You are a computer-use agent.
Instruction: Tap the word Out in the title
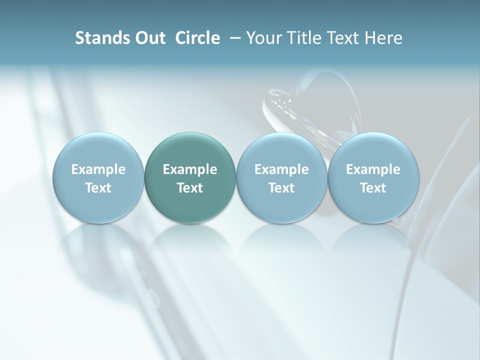tap(149, 38)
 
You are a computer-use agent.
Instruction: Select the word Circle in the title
tap(197, 38)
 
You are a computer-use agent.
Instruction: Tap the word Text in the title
tap(339, 38)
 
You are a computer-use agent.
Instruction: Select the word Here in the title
tap(382, 38)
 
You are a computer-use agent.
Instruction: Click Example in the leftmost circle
tap(98, 169)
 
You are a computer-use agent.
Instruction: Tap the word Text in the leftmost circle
tap(98, 188)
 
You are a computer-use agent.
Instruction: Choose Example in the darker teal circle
tap(190, 169)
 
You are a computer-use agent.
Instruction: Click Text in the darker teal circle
tap(190, 188)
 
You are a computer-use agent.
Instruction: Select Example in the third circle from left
tap(281, 169)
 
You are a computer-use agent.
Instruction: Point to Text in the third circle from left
tap(281, 188)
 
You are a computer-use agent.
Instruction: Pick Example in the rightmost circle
tap(373, 169)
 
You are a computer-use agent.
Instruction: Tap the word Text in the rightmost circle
tap(373, 188)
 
